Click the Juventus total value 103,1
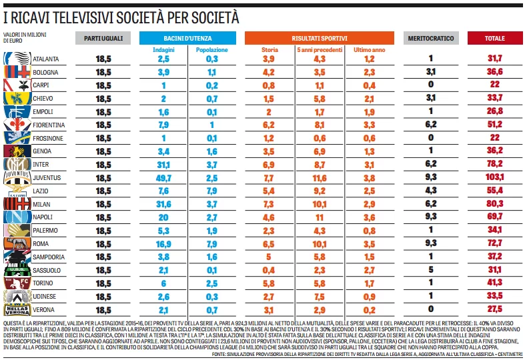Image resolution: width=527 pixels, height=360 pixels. pos(494,178)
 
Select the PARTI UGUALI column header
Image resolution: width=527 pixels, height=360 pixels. pos(103,38)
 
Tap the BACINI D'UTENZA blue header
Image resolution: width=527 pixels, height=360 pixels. pos(188,38)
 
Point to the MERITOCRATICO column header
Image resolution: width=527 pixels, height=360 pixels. pos(431,38)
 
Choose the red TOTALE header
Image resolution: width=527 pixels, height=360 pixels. pos(494,38)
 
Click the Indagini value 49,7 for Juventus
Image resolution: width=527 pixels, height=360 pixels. pos(163,178)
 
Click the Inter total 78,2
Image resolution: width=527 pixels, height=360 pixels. pos(494,165)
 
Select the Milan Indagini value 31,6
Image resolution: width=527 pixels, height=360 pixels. pos(163,204)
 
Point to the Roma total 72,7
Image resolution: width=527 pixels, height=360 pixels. pos(494,244)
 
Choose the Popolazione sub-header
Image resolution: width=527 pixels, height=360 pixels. pos(211,49)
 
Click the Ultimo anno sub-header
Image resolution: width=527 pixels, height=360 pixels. pos(370,49)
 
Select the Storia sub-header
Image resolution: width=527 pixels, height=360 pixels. pos(270,49)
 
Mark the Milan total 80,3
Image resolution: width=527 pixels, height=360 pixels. pos(494,204)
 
